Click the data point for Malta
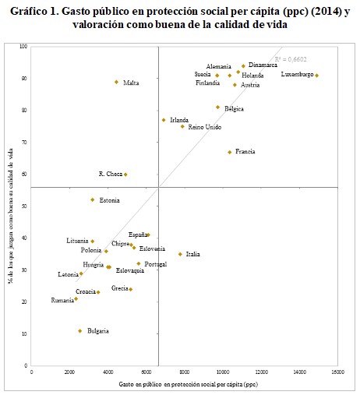coord(116,82)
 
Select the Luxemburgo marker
coord(316,76)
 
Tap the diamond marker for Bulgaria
coord(79,331)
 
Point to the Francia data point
coord(229,152)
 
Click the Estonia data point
coord(93,200)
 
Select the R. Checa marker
coord(125,175)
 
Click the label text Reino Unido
coord(205,127)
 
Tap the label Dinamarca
coord(263,65)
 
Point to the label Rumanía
coord(62,300)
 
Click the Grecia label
coord(119,288)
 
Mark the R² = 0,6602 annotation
coord(288,59)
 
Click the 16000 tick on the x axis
coord(337,372)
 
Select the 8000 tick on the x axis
coord(184,372)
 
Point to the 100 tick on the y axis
coord(23,47)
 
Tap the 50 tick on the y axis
coord(25,206)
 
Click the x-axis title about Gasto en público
coord(188,385)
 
